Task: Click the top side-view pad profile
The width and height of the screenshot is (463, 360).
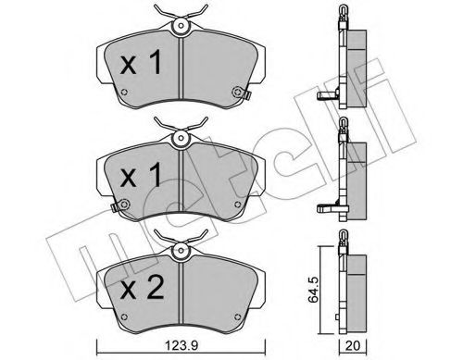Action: (x=357, y=65)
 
